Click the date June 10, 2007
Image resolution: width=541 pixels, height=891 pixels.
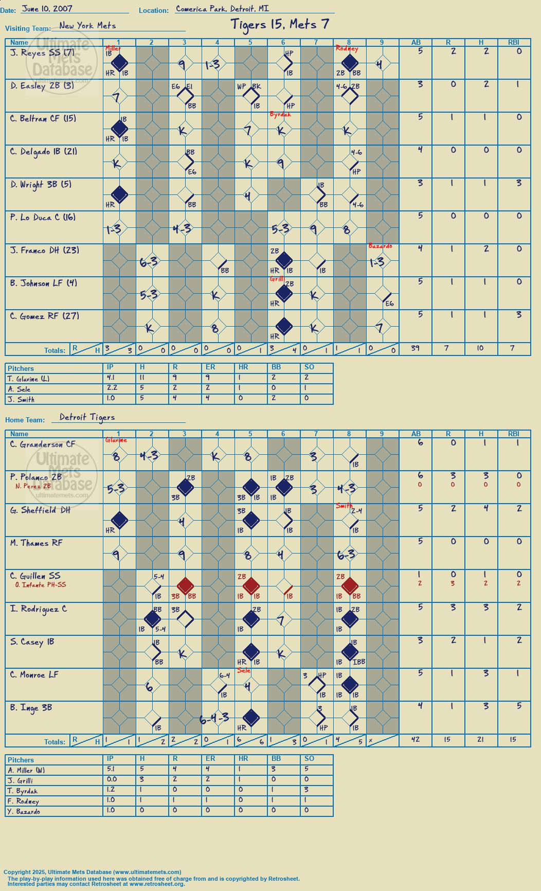point(47,9)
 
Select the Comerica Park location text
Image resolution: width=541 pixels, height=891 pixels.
point(222,9)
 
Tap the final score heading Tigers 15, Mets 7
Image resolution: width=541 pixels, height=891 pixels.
point(280,24)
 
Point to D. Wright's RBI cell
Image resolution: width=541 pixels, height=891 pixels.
point(514,183)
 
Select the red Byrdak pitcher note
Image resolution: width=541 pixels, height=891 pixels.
point(280,114)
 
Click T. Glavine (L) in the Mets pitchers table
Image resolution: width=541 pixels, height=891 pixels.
point(29,379)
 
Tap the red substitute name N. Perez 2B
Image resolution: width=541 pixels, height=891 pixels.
point(33,486)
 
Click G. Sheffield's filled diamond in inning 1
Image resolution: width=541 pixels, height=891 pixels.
point(119,520)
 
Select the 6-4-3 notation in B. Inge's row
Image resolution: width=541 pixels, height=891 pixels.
point(214,719)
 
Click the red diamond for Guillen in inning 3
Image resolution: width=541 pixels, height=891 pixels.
point(185,586)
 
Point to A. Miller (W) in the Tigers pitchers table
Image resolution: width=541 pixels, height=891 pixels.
point(27,770)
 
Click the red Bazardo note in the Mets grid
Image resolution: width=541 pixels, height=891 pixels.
point(381,246)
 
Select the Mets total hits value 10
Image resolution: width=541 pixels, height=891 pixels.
point(481,348)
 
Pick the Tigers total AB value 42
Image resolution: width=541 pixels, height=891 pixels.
point(416,739)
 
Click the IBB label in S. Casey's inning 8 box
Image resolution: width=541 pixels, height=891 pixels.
point(359,662)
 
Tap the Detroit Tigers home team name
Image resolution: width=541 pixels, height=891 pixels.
point(87,417)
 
